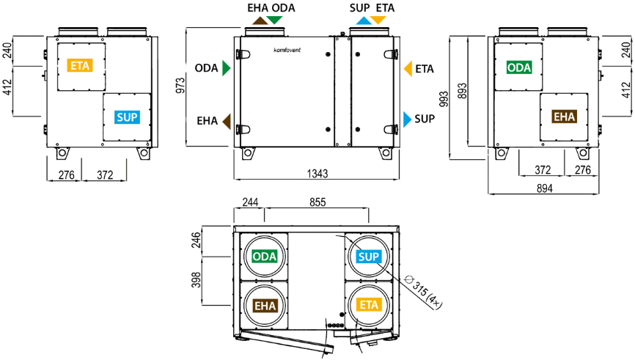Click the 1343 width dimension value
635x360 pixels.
click(x=317, y=174)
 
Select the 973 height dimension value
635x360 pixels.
click(x=180, y=86)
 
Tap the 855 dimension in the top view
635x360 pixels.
click(x=317, y=202)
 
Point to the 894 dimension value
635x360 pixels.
click(x=544, y=188)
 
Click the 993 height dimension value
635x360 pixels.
click(x=444, y=99)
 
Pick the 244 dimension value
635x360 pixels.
click(x=250, y=202)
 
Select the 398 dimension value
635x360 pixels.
click(x=196, y=280)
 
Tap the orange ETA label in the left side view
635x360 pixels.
click(x=80, y=65)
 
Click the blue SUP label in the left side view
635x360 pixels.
click(x=127, y=117)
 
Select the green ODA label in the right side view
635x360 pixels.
click(x=518, y=67)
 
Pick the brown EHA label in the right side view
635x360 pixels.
click(x=564, y=117)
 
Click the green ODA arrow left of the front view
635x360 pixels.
click(x=226, y=68)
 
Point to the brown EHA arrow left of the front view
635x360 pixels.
click(x=227, y=121)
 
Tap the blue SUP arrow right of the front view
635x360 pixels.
click(x=407, y=119)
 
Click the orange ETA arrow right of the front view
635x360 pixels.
click(x=408, y=69)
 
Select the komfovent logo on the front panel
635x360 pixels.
click(x=287, y=50)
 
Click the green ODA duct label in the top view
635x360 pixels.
click(x=265, y=257)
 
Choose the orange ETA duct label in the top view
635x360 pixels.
click(x=369, y=305)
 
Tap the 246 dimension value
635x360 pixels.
click(x=196, y=240)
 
